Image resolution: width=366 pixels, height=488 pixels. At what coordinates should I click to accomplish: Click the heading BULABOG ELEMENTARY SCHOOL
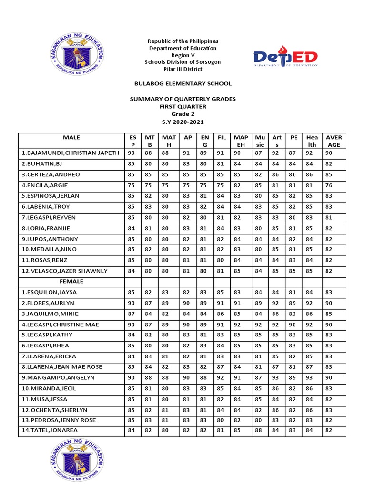[183, 83]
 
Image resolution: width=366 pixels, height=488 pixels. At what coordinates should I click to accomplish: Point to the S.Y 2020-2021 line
[183, 122]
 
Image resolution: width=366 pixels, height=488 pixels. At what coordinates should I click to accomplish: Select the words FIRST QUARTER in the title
[183, 106]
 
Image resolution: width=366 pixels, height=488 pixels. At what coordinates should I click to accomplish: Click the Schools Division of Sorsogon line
[183, 62]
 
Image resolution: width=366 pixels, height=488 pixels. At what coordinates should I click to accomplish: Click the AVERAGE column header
[334, 141]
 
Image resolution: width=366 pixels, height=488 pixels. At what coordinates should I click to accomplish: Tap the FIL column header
[221, 138]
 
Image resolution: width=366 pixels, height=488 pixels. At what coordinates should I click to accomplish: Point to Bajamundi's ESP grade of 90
[131, 153]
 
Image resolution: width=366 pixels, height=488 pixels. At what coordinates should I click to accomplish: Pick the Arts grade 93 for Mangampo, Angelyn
[276, 377]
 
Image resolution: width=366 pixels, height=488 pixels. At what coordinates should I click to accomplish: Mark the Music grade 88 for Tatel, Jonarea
[259, 431]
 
